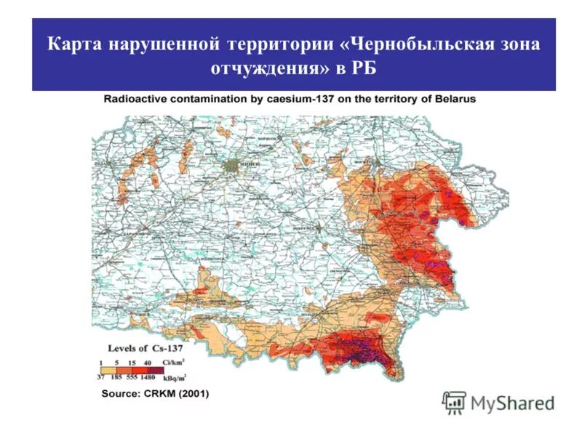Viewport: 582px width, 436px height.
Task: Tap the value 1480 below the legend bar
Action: click(147, 377)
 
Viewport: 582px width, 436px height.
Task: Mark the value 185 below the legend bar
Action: click(116, 377)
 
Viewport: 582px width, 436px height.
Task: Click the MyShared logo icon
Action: click(454, 402)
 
